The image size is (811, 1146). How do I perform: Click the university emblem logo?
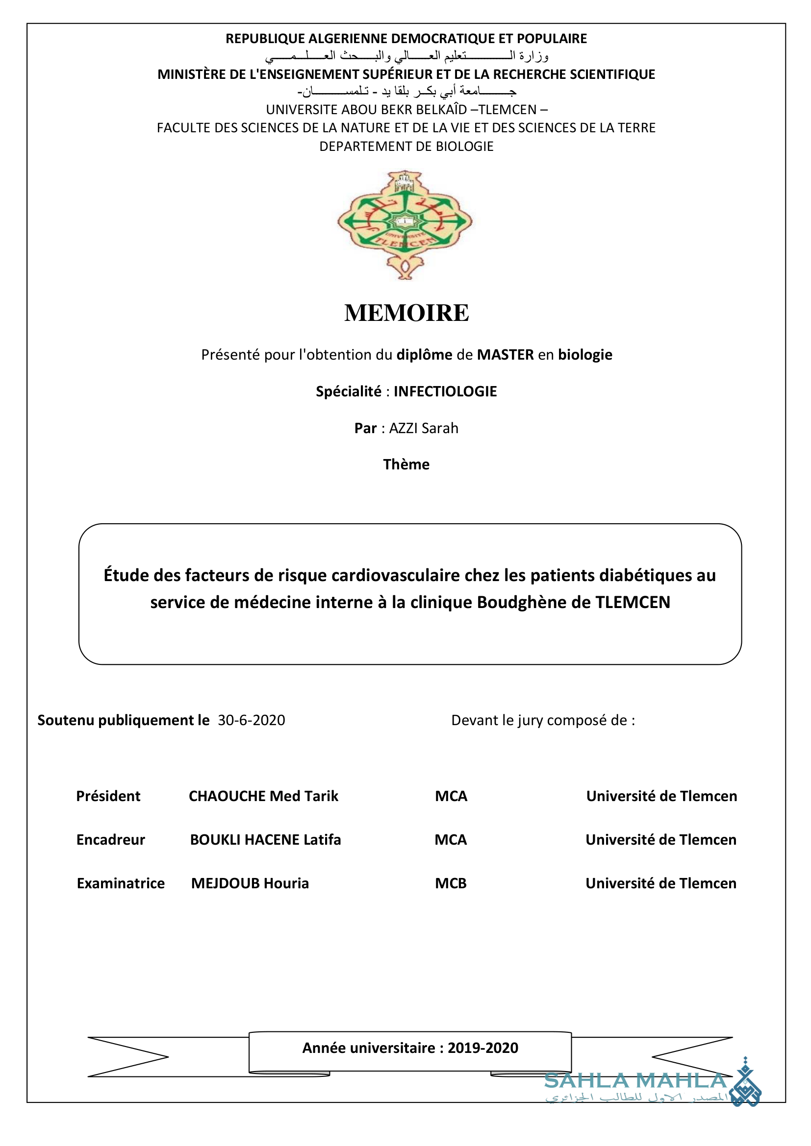point(405,224)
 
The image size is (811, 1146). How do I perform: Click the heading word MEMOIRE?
point(406,313)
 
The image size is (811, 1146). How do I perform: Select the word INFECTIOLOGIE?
point(445,391)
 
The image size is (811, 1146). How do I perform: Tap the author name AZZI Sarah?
point(424,428)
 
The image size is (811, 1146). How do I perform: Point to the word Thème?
point(406,464)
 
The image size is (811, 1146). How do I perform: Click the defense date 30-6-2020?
point(251,720)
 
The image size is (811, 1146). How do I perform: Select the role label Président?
point(108,796)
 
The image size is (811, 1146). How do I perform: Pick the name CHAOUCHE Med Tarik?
point(263,796)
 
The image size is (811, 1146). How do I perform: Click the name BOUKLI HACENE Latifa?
point(265,840)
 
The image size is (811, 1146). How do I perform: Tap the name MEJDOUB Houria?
point(250,883)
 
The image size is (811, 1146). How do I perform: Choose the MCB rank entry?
point(451,883)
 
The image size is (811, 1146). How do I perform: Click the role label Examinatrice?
point(120,883)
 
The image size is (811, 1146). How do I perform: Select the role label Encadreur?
point(110,840)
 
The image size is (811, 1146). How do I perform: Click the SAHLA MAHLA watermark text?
point(634,1081)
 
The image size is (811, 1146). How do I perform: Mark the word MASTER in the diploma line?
point(506,355)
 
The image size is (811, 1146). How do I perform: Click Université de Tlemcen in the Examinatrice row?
point(660,883)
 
